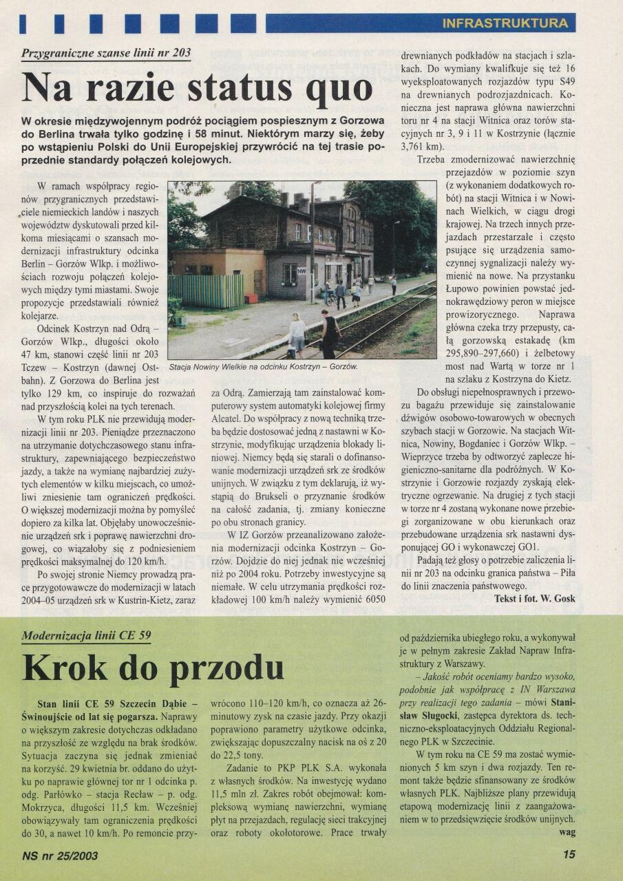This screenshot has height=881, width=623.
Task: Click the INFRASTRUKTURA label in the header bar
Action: click(505, 23)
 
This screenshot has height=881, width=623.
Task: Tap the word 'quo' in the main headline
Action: click(336, 87)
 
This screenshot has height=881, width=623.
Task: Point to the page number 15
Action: click(569, 855)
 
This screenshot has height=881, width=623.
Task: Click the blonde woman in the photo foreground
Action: click(297, 335)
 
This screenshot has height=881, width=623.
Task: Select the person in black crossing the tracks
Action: click(330, 333)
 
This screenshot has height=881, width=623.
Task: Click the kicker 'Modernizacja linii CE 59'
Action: click(86, 635)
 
